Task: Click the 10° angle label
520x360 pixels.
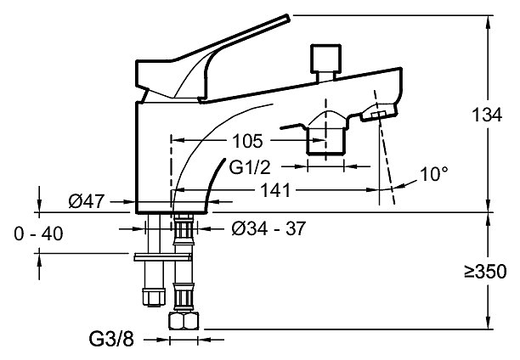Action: (x=433, y=174)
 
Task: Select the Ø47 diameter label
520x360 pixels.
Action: (x=88, y=202)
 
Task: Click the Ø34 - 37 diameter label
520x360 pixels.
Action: (x=268, y=228)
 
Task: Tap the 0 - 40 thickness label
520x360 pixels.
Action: (x=39, y=232)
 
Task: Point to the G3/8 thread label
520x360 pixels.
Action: (x=113, y=338)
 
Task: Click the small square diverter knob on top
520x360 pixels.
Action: (x=324, y=59)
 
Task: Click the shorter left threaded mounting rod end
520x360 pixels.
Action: (x=154, y=297)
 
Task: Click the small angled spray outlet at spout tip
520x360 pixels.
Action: (x=378, y=114)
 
